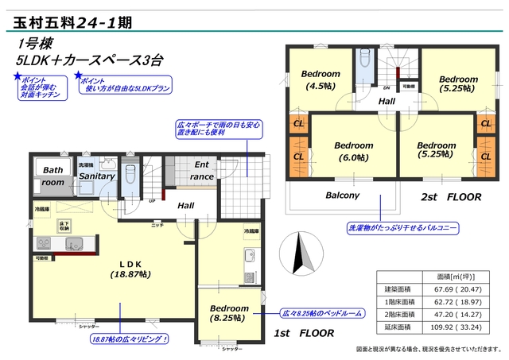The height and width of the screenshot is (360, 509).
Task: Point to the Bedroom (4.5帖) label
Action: click(321, 80)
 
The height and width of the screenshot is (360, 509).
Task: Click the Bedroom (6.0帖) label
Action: click(353, 151)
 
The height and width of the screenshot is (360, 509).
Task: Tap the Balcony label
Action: click(343, 195)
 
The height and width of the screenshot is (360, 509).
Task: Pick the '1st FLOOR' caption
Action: click(303, 334)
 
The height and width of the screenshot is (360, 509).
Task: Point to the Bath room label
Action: click(52, 176)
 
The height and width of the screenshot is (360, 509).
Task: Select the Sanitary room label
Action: click(96, 176)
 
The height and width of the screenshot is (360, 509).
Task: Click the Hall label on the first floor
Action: click(185, 206)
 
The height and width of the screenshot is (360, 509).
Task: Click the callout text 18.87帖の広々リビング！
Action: click(129, 339)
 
